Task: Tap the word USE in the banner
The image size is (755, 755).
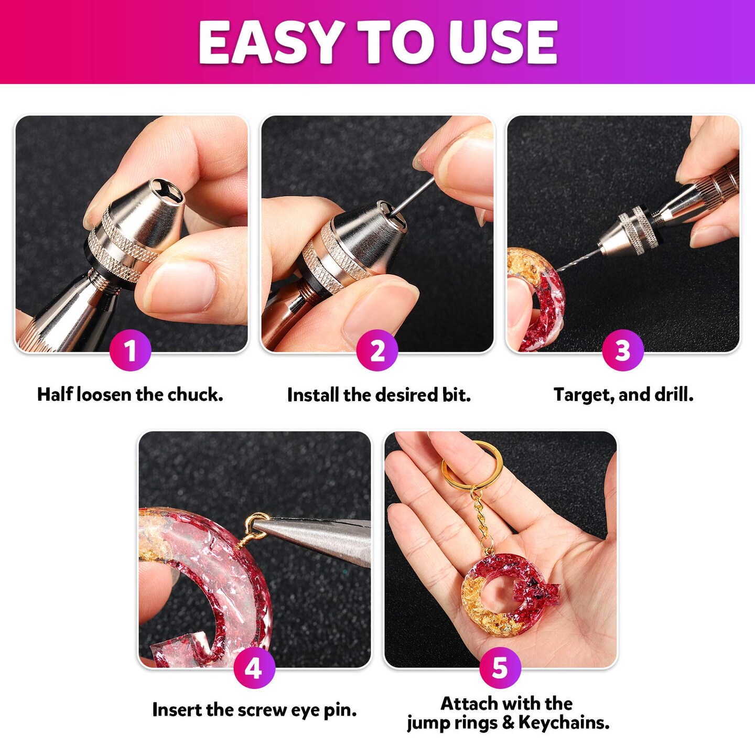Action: tap(503, 42)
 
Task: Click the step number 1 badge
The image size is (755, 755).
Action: tap(130, 350)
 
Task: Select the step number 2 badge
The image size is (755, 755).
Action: tap(377, 350)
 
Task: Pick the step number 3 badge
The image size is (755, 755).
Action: tap(622, 350)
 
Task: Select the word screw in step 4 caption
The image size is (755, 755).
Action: tap(262, 710)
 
